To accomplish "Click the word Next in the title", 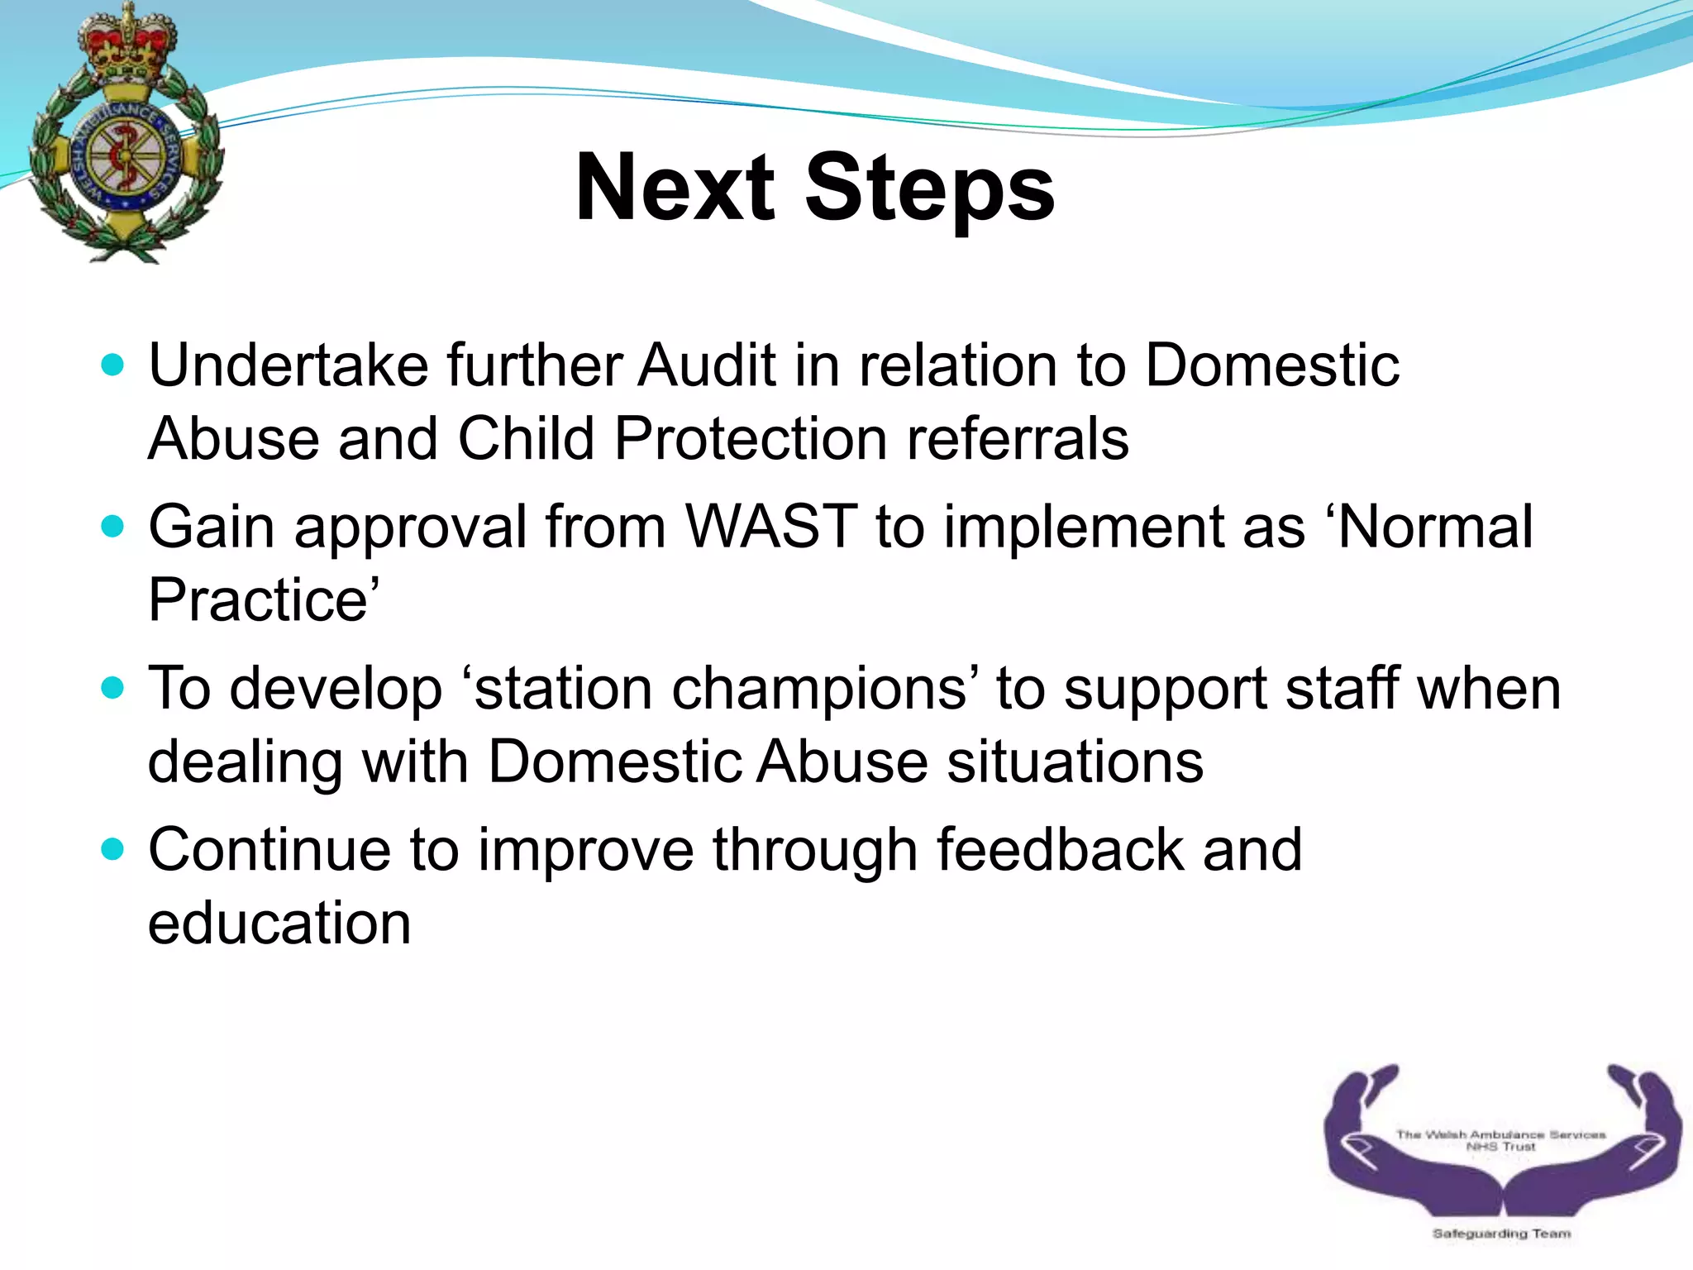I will click(675, 189).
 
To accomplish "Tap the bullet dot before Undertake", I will click(112, 365).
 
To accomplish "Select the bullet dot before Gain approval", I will click(112, 526).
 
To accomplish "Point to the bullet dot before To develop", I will click(112, 687).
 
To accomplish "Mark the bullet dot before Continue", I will click(112, 848).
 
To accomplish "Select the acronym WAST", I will click(771, 526).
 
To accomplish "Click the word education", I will click(279, 923).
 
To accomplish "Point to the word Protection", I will click(751, 438).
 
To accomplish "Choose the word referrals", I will click(1018, 438).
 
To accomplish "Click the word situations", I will click(1075, 761).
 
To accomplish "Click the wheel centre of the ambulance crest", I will click(125, 156).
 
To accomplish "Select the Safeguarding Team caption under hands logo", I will click(1501, 1234).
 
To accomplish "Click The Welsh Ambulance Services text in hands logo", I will click(1500, 1134).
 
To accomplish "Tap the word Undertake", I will click(289, 365).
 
